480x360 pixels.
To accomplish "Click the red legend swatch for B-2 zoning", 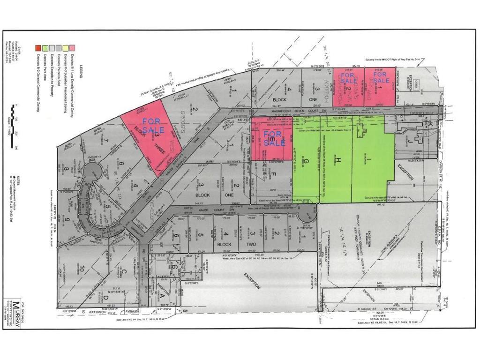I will (x=39, y=47).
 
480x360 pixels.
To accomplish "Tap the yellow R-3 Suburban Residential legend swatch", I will (x=66, y=47).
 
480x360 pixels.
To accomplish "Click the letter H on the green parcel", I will (x=337, y=160).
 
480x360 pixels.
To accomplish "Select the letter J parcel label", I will (x=409, y=139).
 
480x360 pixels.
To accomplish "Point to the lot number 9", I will (x=67, y=220).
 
